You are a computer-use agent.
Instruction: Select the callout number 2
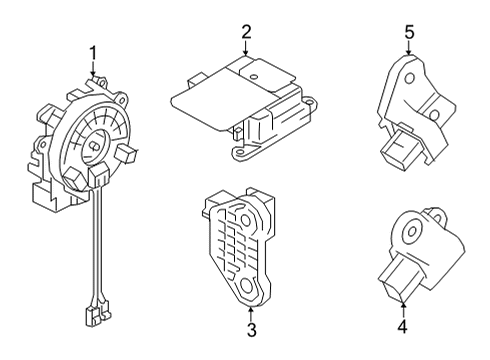(x=245, y=33)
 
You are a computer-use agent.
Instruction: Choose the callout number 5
(x=408, y=31)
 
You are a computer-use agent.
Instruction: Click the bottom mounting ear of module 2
(x=240, y=152)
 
